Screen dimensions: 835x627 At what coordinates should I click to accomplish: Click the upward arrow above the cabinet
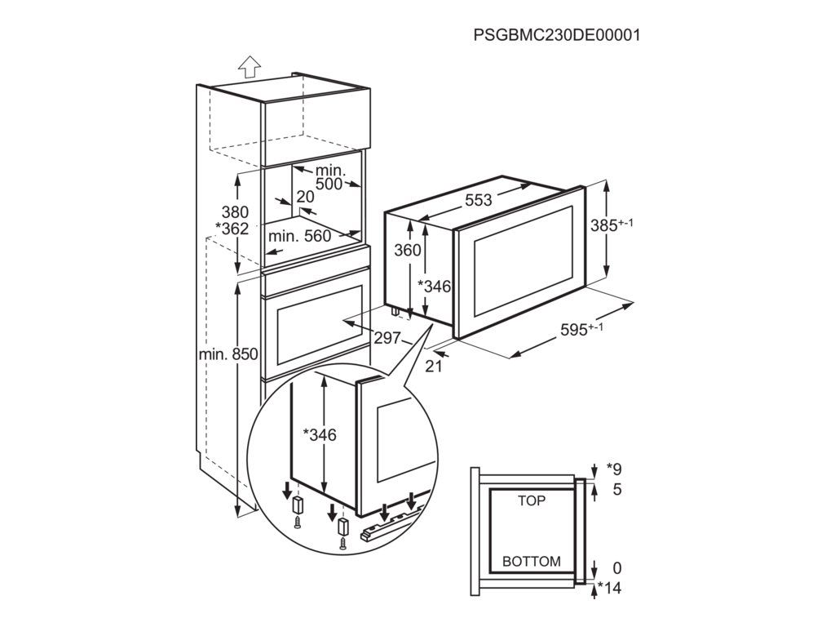(250, 66)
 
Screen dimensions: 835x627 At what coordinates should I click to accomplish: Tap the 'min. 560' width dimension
(299, 237)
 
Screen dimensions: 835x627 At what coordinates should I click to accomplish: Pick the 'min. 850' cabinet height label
(228, 354)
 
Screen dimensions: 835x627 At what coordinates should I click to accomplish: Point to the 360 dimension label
(408, 251)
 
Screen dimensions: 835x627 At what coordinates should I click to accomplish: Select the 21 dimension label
(434, 367)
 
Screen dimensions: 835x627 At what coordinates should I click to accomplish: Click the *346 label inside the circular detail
(320, 435)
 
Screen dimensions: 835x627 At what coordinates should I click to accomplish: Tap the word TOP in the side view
(532, 500)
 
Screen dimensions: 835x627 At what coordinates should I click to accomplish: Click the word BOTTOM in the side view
(532, 562)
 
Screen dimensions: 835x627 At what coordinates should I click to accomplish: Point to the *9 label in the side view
(614, 469)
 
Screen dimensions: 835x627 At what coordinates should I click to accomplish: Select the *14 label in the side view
(609, 588)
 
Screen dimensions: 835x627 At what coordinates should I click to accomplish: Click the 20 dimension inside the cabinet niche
(305, 197)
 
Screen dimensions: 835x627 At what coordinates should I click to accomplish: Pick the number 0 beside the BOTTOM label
(617, 568)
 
